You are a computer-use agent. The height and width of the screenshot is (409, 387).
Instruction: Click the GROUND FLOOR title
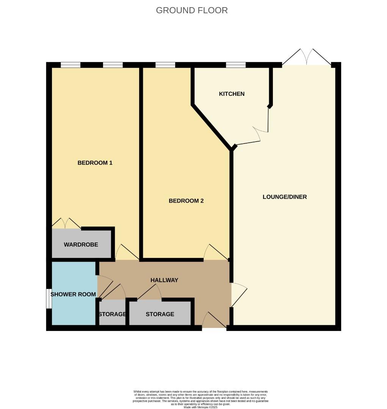[x=192, y=11]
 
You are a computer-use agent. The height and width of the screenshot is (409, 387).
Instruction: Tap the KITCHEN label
[x=232, y=94]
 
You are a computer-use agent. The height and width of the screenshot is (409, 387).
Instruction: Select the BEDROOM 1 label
[x=95, y=163]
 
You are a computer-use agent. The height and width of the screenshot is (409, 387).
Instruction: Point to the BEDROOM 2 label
[x=186, y=201]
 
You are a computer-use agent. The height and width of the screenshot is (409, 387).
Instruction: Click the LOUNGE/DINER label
[x=285, y=197]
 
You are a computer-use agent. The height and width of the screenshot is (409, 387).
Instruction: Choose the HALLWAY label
[x=164, y=280]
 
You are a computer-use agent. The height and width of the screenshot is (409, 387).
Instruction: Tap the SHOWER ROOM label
[x=73, y=294]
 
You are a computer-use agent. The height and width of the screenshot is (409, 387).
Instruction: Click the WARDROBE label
[x=81, y=245]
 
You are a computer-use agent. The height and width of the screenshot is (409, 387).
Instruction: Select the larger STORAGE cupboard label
[x=160, y=314]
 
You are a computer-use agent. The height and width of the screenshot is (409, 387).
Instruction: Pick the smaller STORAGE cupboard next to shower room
[x=112, y=314]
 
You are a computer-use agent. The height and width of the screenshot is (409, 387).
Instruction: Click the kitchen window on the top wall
[x=236, y=65]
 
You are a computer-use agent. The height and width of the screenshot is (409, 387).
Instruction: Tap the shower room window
[x=49, y=299]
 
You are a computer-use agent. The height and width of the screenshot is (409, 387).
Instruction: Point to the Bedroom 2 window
[x=165, y=65]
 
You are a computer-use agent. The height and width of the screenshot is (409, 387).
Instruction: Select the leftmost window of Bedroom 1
[x=71, y=65]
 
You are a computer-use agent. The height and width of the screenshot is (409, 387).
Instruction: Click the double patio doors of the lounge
[x=306, y=58]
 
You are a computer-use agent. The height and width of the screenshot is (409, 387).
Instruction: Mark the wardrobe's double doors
[x=66, y=224]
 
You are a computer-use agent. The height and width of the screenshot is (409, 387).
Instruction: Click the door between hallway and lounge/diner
[x=238, y=293]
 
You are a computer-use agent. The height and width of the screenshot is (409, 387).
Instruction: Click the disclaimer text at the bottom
[x=201, y=399]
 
